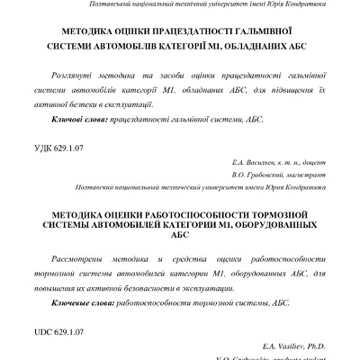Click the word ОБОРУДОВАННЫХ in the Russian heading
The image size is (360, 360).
click(x=274, y=217)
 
